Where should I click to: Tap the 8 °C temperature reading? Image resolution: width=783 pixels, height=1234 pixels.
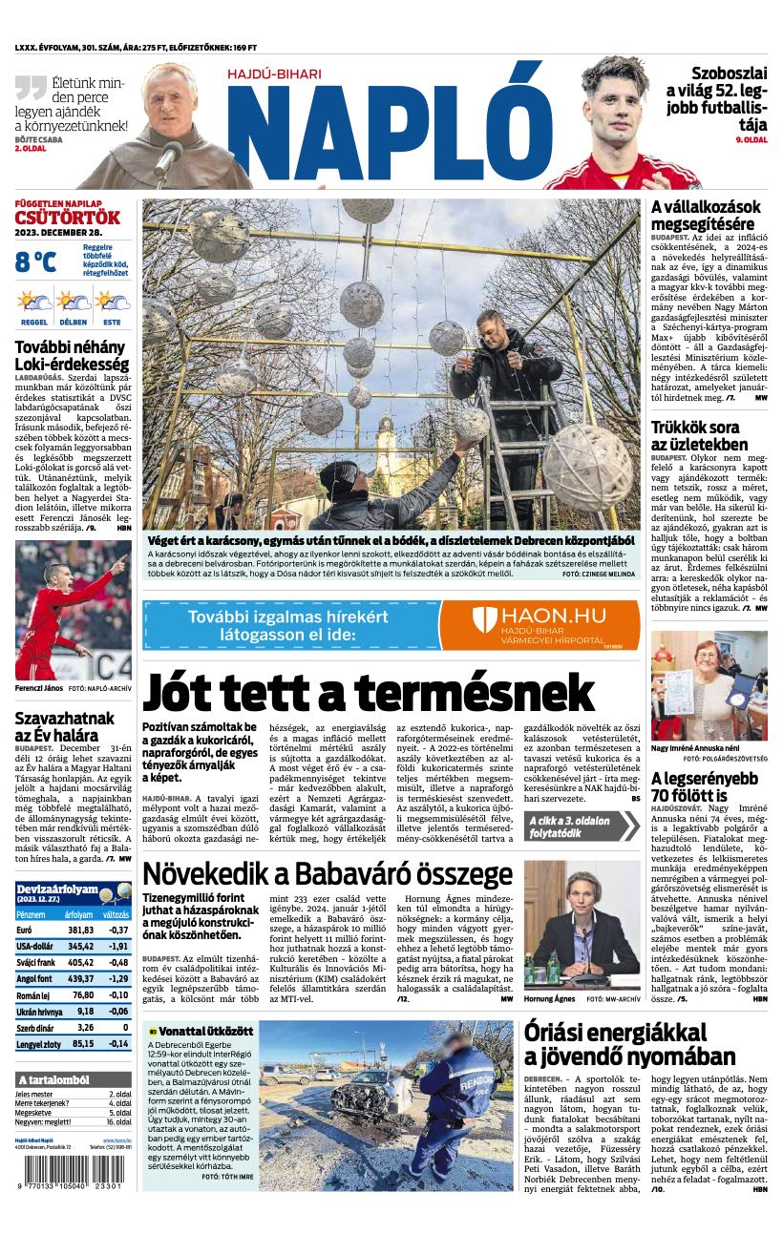(x=35, y=261)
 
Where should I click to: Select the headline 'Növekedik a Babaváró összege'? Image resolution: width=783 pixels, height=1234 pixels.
(x=327, y=874)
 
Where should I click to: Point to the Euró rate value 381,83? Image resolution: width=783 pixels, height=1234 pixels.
(x=80, y=930)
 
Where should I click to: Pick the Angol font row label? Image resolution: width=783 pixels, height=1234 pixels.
(x=35, y=978)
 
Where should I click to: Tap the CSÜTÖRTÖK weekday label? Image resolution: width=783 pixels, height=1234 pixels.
(x=67, y=218)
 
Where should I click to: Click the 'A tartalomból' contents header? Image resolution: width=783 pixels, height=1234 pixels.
(x=53, y=1079)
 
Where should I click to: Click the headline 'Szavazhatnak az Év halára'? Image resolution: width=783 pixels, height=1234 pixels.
(x=63, y=726)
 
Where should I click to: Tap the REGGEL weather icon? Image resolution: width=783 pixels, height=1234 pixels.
(x=34, y=304)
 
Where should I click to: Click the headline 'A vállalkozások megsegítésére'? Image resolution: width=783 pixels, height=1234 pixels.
(x=706, y=215)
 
